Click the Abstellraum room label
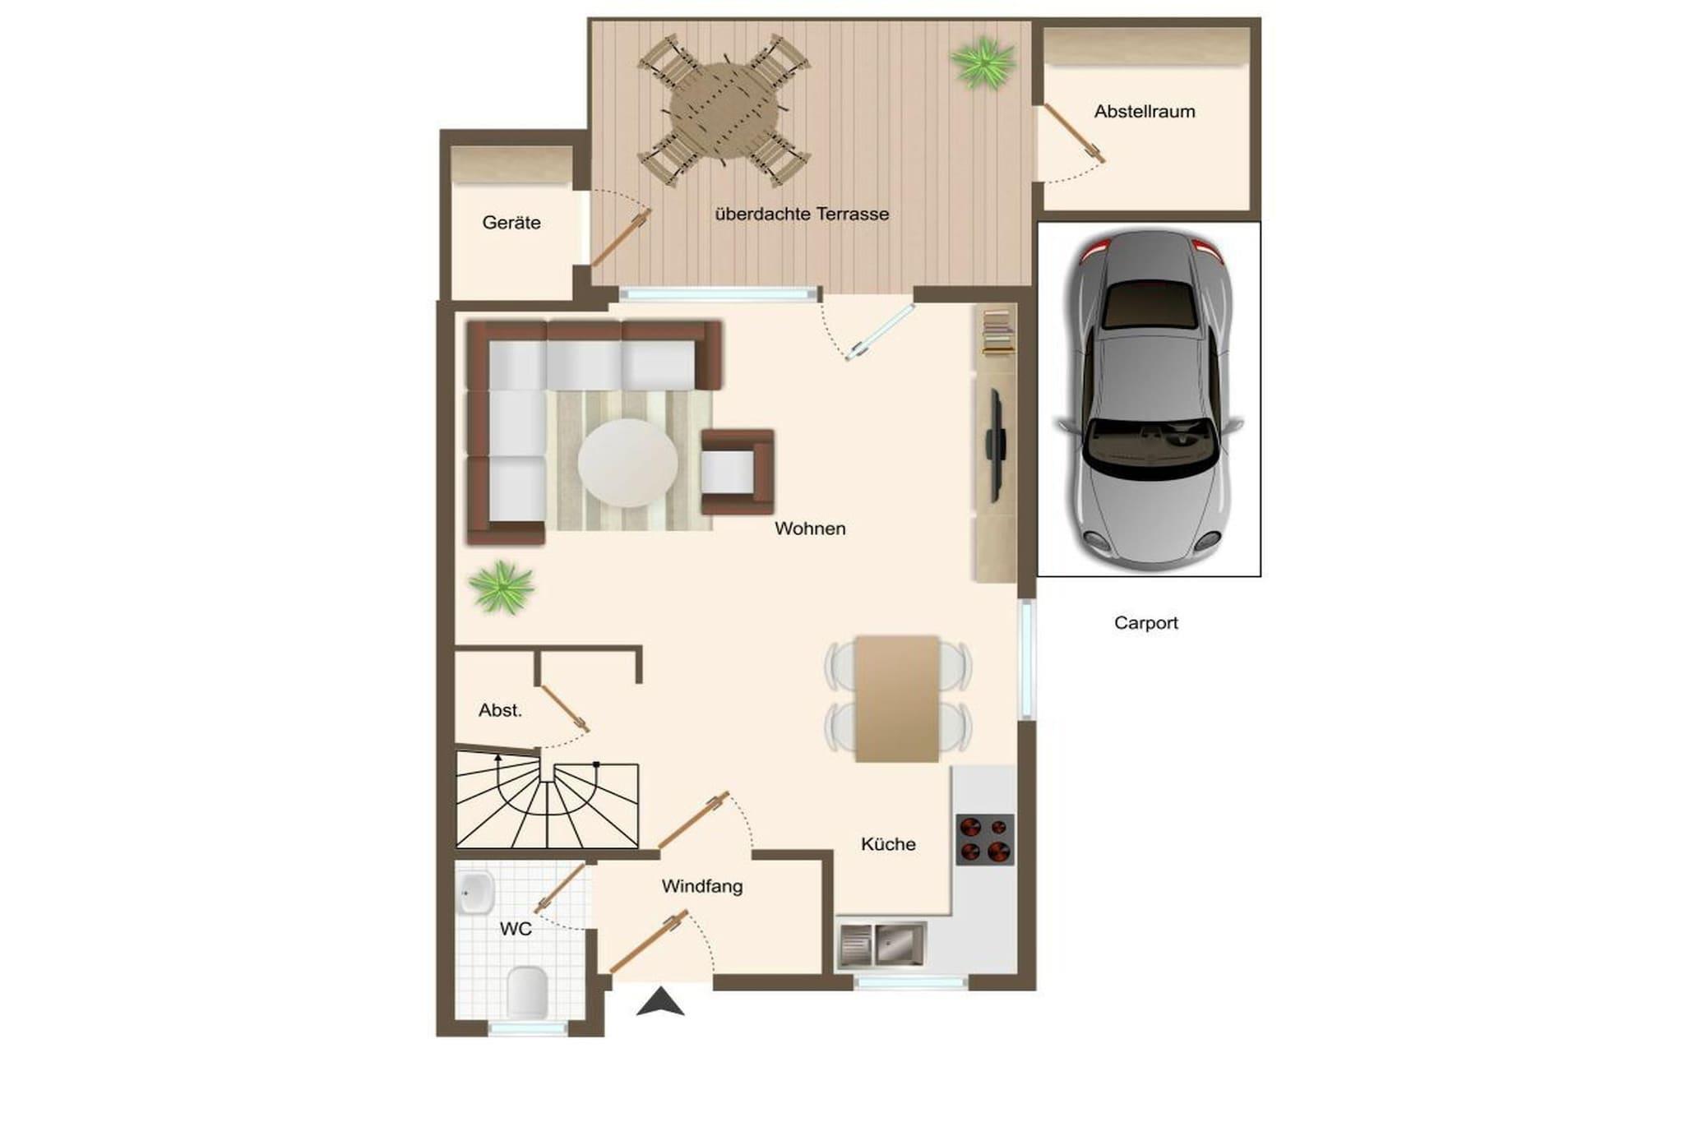pyautogui.click(x=1144, y=112)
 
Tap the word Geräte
pyautogui.click(x=511, y=223)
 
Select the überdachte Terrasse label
pyautogui.click(x=802, y=215)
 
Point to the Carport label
pyautogui.click(x=1145, y=623)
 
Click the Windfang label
pyautogui.click(x=702, y=886)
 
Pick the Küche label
pyautogui.click(x=888, y=844)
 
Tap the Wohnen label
pyautogui.click(x=810, y=529)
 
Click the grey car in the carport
pyautogui.click(x=1150, y=399)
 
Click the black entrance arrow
pyautogui.click(x=660, y=1003)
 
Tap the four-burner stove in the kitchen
pyautogui.click(x=984, y=839)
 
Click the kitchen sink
pyautogui.click(x=881, y=944)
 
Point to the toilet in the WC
pyautogui.click(x=526, y=993)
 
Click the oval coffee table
pyautogui.click(x=627, y=464)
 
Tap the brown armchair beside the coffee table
pyautogui.click(x=738, y=472)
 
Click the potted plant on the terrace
pyautogui.click(x=983, y=62)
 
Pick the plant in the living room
pyautogui.click(x=502, y=587)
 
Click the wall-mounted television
pyautogui.click(x=995, y=446)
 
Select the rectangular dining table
pyautogui.click(x=897, y=699)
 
